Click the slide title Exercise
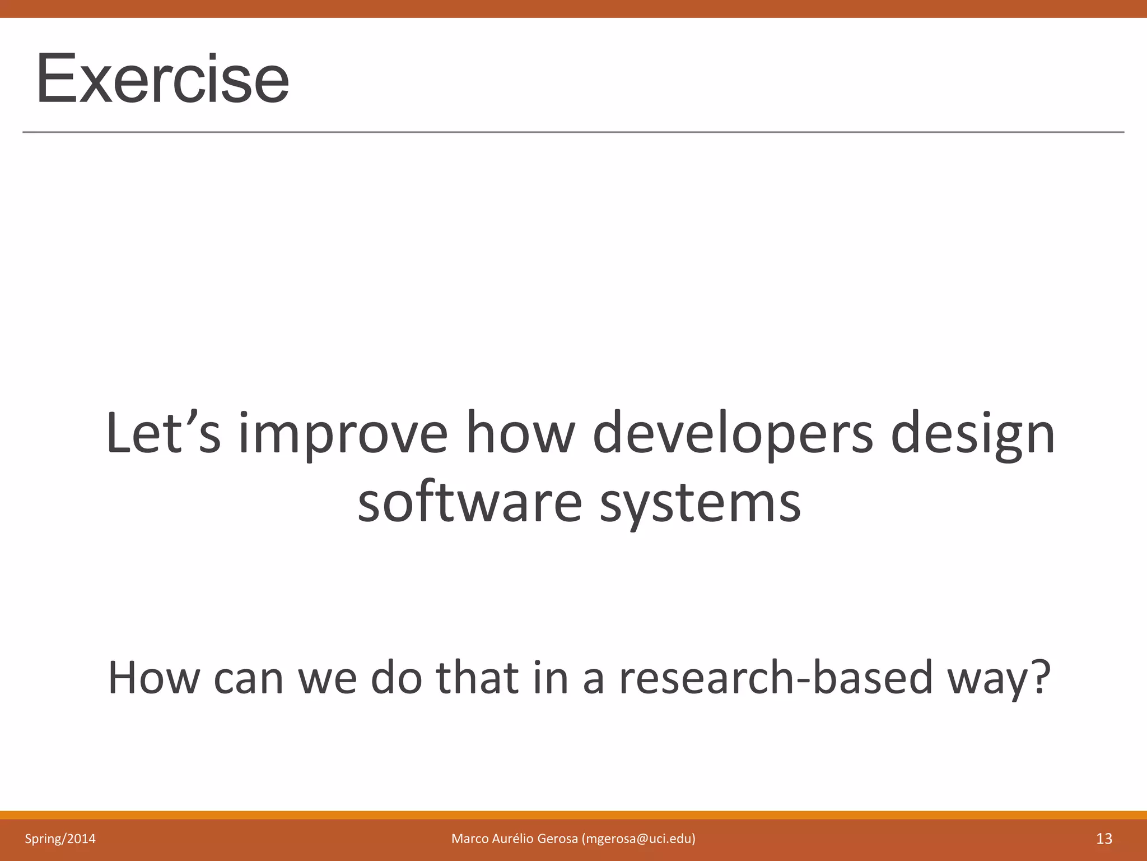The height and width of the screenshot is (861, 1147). pos(162,78)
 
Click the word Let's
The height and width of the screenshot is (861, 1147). pos(163,433)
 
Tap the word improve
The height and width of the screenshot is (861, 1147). pos(343,434)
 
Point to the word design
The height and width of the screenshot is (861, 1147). pos(973,434)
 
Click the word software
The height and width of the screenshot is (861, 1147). pos(470,503)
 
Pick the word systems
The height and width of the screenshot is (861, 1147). pos(700,503)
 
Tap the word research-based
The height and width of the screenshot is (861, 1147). pos(776,678)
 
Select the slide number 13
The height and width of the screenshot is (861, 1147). pos(1104,839)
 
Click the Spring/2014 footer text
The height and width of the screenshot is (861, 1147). pos(60,839)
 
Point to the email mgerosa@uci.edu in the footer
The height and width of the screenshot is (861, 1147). pos(638,839)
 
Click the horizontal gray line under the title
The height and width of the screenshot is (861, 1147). pos(573,132)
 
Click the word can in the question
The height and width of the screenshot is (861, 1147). pos(249,678)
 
